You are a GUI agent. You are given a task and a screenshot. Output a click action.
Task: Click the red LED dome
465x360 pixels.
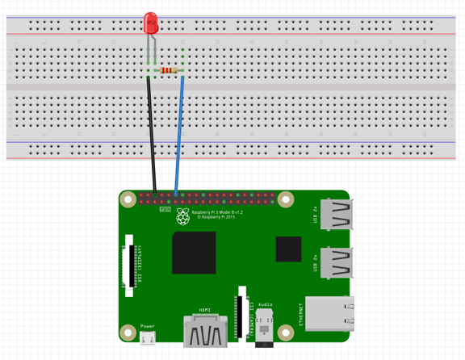click(150, 23)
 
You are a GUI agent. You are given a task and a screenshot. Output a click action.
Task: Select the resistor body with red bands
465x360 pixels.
click(169, 71)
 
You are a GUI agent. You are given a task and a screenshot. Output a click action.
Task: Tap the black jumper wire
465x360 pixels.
click(151, 137)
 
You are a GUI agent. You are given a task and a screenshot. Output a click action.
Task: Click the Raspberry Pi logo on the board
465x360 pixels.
click(183, 216)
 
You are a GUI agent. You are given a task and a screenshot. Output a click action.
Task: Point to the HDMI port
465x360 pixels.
click(205, 331)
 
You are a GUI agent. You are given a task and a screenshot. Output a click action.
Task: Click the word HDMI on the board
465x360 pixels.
click(205, 310)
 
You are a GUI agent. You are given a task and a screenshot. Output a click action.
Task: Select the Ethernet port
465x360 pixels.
click(331, 314)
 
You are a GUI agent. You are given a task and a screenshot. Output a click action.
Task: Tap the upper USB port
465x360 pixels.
click(337, 216)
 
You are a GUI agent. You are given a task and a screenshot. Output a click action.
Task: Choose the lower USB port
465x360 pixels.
click(337, 262)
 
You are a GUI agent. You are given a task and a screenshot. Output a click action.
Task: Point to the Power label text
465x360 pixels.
click(148, 326)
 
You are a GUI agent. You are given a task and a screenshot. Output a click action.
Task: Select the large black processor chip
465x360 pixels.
click(194, 253)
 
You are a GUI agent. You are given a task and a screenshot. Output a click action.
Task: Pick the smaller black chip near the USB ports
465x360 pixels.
click(288, 249)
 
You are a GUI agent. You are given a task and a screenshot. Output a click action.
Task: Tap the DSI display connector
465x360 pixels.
click(129, 266)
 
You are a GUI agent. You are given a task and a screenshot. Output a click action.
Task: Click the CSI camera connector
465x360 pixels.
click(239, 315)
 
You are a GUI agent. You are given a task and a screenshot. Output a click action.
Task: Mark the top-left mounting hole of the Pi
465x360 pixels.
click(128, 198)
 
